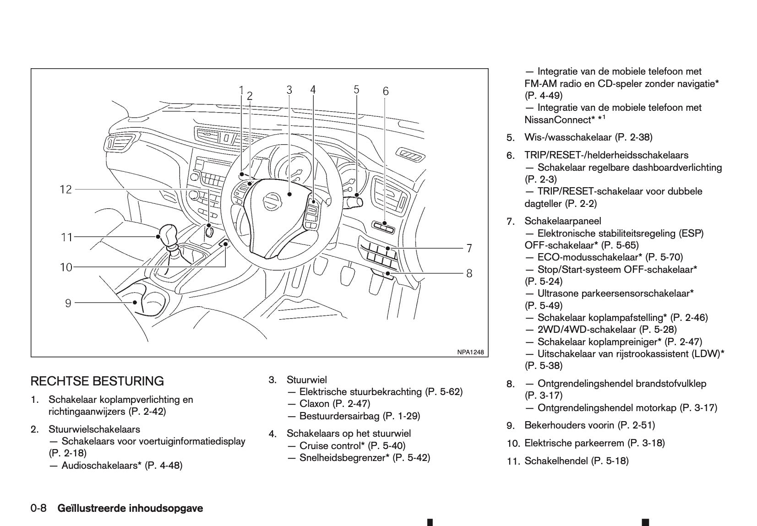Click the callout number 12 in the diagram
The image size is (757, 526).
tap(66, 189)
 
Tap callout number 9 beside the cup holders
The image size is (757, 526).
tap(68, 303)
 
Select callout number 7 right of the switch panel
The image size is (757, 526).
tap(469, 248)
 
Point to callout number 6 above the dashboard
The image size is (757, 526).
tap(386, 92)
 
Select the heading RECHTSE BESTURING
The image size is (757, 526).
tap(97, 381)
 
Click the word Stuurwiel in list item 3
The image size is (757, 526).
tap(306, 380)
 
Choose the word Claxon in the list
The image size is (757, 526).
tap(314, 404)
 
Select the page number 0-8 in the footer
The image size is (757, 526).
tap(39, 508)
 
